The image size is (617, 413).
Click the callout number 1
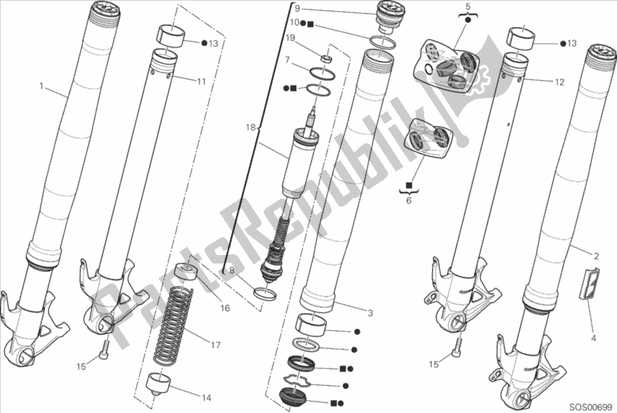(42, 86)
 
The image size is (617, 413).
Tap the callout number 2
(596, 257)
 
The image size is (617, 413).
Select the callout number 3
(370, 313)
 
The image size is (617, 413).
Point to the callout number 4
(594, 337)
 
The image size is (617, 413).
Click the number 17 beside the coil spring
(215, 345)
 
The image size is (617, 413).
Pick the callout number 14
(207, 398)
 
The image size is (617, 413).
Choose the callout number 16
(224, 307)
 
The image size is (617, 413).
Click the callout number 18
(251, 128)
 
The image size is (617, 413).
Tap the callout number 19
(291, 38)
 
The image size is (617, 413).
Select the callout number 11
(201, 82)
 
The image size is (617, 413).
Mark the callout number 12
(560, 82)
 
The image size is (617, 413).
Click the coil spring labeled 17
(172, 324)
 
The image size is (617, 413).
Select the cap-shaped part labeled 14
(160, 384)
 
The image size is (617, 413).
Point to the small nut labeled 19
(325, 59)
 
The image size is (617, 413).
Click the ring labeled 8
(265, 293)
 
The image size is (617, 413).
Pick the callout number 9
(297, 8)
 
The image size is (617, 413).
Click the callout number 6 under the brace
(409, 200)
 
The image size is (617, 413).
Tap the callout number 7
(287, 60)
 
